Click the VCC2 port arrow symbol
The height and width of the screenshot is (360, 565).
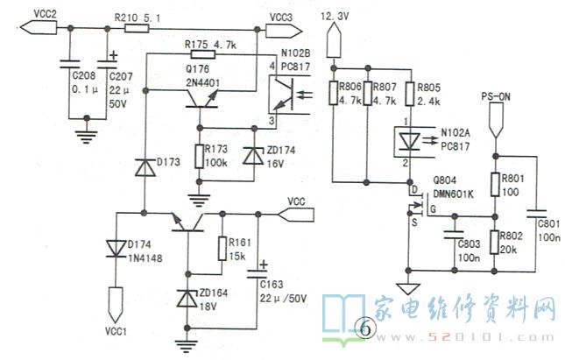pyautogui.click(x=39, y=27)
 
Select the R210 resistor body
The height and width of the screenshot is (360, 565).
pyautogui.click(x=137, y=28)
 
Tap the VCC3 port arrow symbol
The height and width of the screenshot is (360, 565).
pyautogui.click(x=284, y=31)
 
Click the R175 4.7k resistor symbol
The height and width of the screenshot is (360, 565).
pyautogui.click(x=203, y=54)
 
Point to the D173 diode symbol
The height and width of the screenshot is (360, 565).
pyautogui.click(x=145, y=167)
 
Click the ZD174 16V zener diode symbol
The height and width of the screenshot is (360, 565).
pyautogui.click(x=254, y=156)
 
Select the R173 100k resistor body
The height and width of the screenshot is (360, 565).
pyautogui.click(x=199, y=156)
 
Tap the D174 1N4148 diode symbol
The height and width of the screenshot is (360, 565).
pyautogui.click(x=116, y=249)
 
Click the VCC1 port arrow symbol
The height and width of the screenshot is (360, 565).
pyautogui.click(x=116, y=305)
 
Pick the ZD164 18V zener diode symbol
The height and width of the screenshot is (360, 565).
pyautogui.click(x=187, y=298)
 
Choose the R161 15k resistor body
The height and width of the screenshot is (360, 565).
pyautogui.click(x=222, y=249)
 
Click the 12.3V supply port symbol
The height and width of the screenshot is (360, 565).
pyautogui.click(x=334, y=39)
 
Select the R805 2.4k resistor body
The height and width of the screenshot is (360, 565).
pyautogui.click(x=409, y=94)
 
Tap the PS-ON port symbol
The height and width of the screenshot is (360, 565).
pyautogui.click(x=496, y=120)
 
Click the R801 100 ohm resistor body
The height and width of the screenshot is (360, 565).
pyautogui.click(x=496, y=185)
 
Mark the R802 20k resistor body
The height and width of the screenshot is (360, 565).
pyautogui.click(x=495, y=242)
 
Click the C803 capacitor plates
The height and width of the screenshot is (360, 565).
pyautogui.click(x=455, y=234)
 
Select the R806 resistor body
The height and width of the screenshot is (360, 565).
pyautogui.click(x=334, y=94)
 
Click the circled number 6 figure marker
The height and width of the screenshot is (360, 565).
pyautogui.click(x=365, y=329)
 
